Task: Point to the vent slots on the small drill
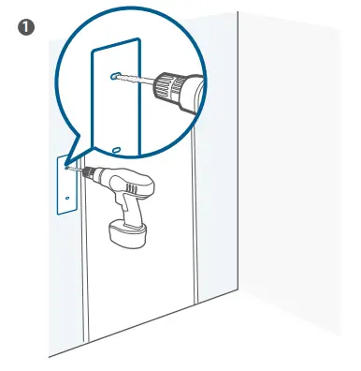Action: (x=146, y=186)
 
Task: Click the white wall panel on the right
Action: (x=290, y=187)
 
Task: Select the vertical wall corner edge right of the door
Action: (x=239, y=187)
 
